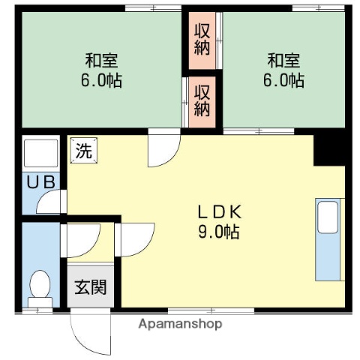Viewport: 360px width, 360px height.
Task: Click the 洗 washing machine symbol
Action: click(83, 150)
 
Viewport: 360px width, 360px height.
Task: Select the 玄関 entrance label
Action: click(89, 286)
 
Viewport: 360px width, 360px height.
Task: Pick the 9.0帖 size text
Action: click(218, 232)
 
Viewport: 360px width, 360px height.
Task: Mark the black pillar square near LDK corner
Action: click(328, 149)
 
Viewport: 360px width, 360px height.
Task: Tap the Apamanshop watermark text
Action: click(180, 324)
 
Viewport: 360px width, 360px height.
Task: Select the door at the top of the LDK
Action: click(162, 148)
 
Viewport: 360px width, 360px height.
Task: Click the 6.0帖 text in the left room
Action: click(100, 80)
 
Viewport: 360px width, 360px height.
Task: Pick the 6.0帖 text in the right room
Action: click(283, 80)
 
